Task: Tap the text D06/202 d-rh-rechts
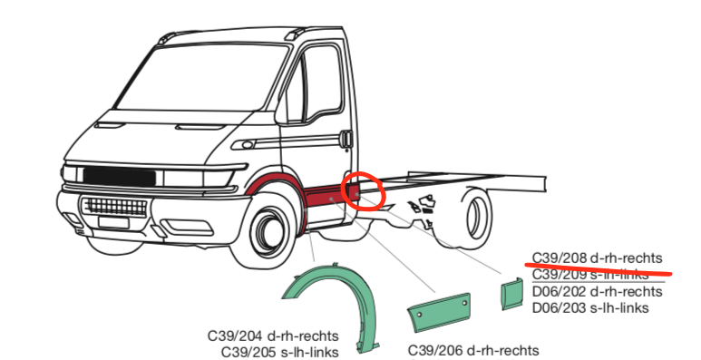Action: (597, 291)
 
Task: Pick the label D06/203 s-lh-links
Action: (589, 307)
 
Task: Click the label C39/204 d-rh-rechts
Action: (273, 336)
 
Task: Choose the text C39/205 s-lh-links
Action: (279, 352)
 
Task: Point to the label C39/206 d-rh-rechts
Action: (473, 350)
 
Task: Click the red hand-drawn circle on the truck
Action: (365, 191)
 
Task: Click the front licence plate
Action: (112, 221)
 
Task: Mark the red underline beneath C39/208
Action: (599, 267)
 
